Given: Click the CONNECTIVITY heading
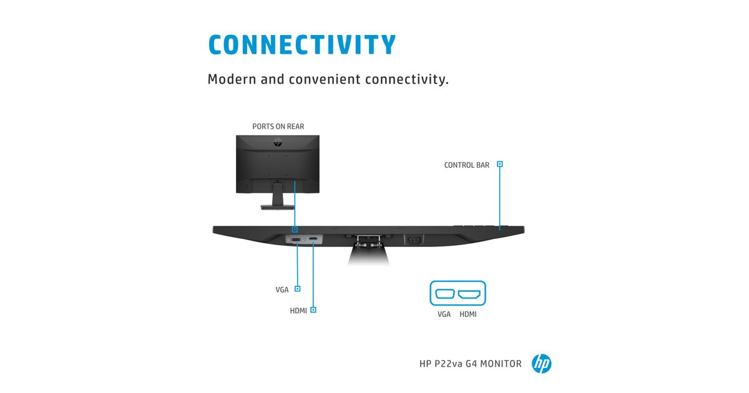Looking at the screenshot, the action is [x=302, y=44].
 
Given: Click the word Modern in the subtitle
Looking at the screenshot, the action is [x=232, y=79].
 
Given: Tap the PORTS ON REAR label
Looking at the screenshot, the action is [x=278, y=126].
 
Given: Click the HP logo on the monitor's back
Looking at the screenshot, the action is [x=278, y=143].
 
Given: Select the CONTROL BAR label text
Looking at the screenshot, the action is [x=466, y=165].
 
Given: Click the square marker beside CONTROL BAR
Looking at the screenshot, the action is [x=499, y=163].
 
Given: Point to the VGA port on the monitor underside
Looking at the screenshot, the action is [x=296, y=240].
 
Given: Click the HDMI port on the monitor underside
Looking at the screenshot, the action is [x=313, y=238].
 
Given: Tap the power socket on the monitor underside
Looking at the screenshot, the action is [x=414, y=240].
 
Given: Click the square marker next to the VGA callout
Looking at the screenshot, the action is [x=297, y=289].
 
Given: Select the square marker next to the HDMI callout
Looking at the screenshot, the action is [x=313, y=310].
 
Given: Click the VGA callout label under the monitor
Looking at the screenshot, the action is [x=282, y=289].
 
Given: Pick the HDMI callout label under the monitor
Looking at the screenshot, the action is [x=298, y=311].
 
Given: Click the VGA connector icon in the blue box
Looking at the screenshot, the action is [x=444, y=294].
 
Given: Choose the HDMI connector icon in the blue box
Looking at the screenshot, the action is [x=469, y=294].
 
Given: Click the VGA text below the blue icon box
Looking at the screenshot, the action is [x=444, y=314].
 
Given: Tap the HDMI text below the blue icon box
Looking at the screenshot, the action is [x=468, y=314].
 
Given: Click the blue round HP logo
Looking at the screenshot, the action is [x=541, y=364].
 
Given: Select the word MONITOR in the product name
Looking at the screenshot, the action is [x=501, y=364].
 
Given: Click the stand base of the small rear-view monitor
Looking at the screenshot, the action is [x=278, y=208].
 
